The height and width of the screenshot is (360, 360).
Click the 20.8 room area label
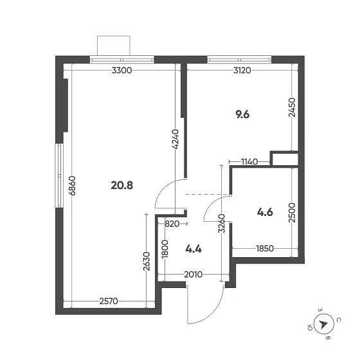point(122,186)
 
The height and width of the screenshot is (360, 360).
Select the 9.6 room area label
point(242,115)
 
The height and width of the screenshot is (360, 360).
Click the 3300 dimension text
point(122,71)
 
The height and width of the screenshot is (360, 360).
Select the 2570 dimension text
point(113,301)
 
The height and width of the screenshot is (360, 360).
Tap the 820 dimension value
point(172,224)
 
